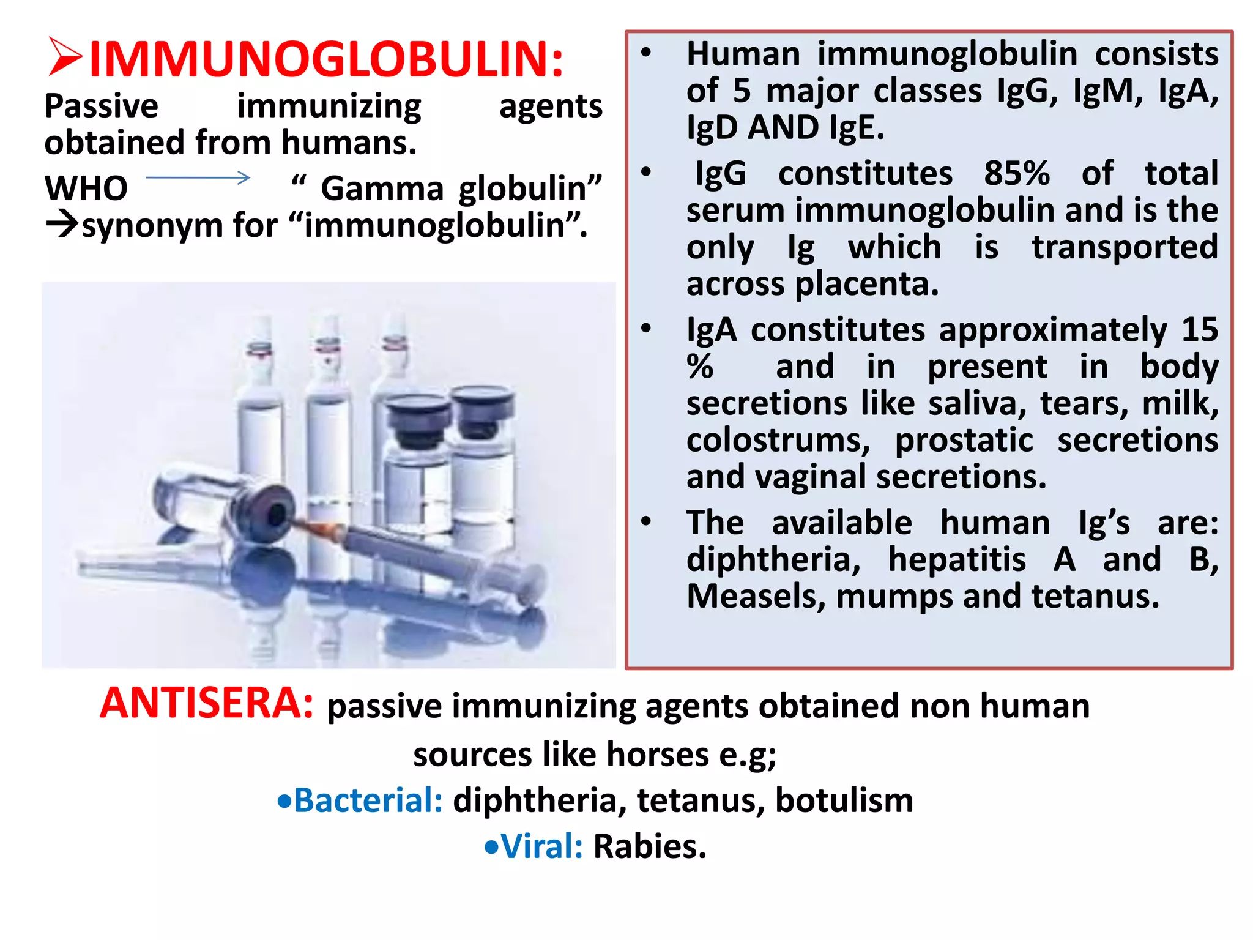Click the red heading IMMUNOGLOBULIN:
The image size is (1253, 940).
click(x=326, y=59)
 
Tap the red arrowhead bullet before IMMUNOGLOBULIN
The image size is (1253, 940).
click(x=65, y=58)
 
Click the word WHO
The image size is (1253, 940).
click(x=86, y=188)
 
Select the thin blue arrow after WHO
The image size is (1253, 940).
click(x=198, y=178)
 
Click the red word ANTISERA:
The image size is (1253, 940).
click(x=207, y=703)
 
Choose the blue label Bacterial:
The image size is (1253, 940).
click(x=368, y=800)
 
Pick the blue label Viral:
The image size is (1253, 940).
click(x=542, y=846)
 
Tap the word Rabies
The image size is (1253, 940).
click(x=650, y=846)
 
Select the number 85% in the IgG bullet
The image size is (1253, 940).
click(x=1017, y=173)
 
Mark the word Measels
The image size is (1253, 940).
click(x=756, y=596)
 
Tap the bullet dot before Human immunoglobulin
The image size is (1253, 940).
click(x=646, y=53)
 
